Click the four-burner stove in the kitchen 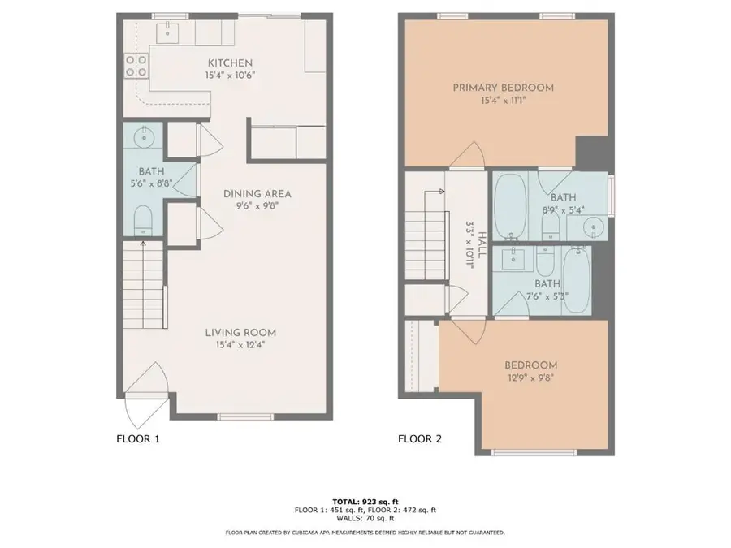tap(135, 64)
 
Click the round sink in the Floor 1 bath tap(145, 136)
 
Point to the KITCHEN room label tap(230, 63)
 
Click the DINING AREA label tap(257, 193)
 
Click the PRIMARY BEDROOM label tap(503, 88)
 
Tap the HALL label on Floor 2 tap(482, 244)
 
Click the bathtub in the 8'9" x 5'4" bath tap(511, 206)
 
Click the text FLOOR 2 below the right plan tap(419, 439)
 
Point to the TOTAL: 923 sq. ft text tap(365, 501)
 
